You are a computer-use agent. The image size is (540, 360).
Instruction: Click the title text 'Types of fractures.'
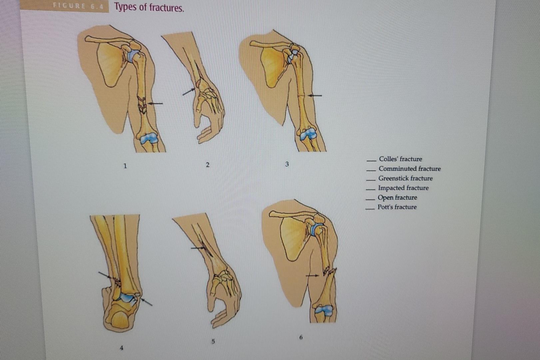pos(149,7)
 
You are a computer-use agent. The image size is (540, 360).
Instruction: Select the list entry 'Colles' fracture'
pos(400,159)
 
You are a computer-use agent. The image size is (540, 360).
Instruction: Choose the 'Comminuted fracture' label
pos(409,169)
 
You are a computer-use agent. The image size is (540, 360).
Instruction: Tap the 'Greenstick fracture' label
pos(405,178)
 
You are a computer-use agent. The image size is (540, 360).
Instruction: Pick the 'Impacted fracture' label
pos(403,188)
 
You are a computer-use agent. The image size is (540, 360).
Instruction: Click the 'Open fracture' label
pos(397,198)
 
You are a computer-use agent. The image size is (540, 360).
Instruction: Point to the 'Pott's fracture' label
pos(397,207)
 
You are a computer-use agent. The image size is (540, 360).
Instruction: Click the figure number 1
pos(125,165)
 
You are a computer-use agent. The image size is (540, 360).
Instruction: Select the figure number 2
pos(208,165)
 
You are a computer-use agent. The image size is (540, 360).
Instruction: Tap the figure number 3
pos(287,164)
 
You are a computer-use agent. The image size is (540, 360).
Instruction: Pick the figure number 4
pos(121,347)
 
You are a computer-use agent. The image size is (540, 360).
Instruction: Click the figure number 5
pos(213,341)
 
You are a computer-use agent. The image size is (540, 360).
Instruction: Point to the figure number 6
pos(301,337)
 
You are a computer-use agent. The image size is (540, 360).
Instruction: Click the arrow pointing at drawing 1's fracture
pos(156,104)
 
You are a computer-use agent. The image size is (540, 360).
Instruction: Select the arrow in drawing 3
pos(315,96)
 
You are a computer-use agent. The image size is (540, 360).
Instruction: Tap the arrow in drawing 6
pos(312,276)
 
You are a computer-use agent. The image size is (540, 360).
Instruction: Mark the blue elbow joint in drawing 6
pos(323,310)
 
